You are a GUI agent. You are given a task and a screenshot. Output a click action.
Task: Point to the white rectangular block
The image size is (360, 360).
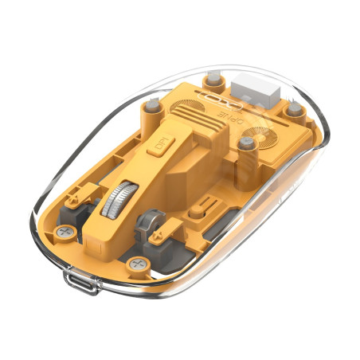[254, 87]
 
